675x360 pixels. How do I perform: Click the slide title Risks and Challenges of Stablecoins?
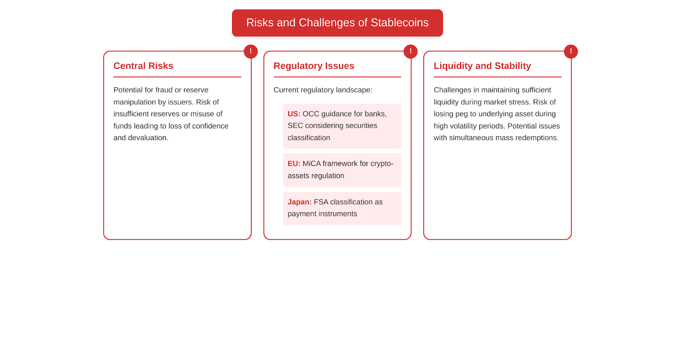pyautogui.click(x=337, y=23)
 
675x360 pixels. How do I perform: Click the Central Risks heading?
pyautogui.click(x=143, y=66)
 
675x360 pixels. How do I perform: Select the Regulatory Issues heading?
pyautogui.click(x=314, y=66)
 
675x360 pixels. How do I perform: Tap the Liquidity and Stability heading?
pyautogui.click(x=482, y=66)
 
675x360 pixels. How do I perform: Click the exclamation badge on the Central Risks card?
pyautogui.click(x=251, y=51)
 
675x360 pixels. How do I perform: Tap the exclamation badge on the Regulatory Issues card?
pyautogui.click(x=410, y=51)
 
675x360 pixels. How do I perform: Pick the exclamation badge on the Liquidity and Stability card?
pyautogui.click(x=571, y=51)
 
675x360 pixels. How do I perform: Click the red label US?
pyautogui.click(x=294, y=114)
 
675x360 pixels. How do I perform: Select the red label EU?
pyautogui.click(x=294, y=163)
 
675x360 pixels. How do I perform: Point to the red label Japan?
pyautogui.click(x=300, y=202)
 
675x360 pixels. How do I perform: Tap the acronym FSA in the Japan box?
pyautogui.click(x=321, y=202)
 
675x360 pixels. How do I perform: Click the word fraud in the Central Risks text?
pyautogui.click(x=164, y=90)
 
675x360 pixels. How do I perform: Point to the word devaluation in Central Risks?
pyautogui.click(x=148, y=138)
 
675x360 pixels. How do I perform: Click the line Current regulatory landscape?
pyautogui.click(x=323, y=90)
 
